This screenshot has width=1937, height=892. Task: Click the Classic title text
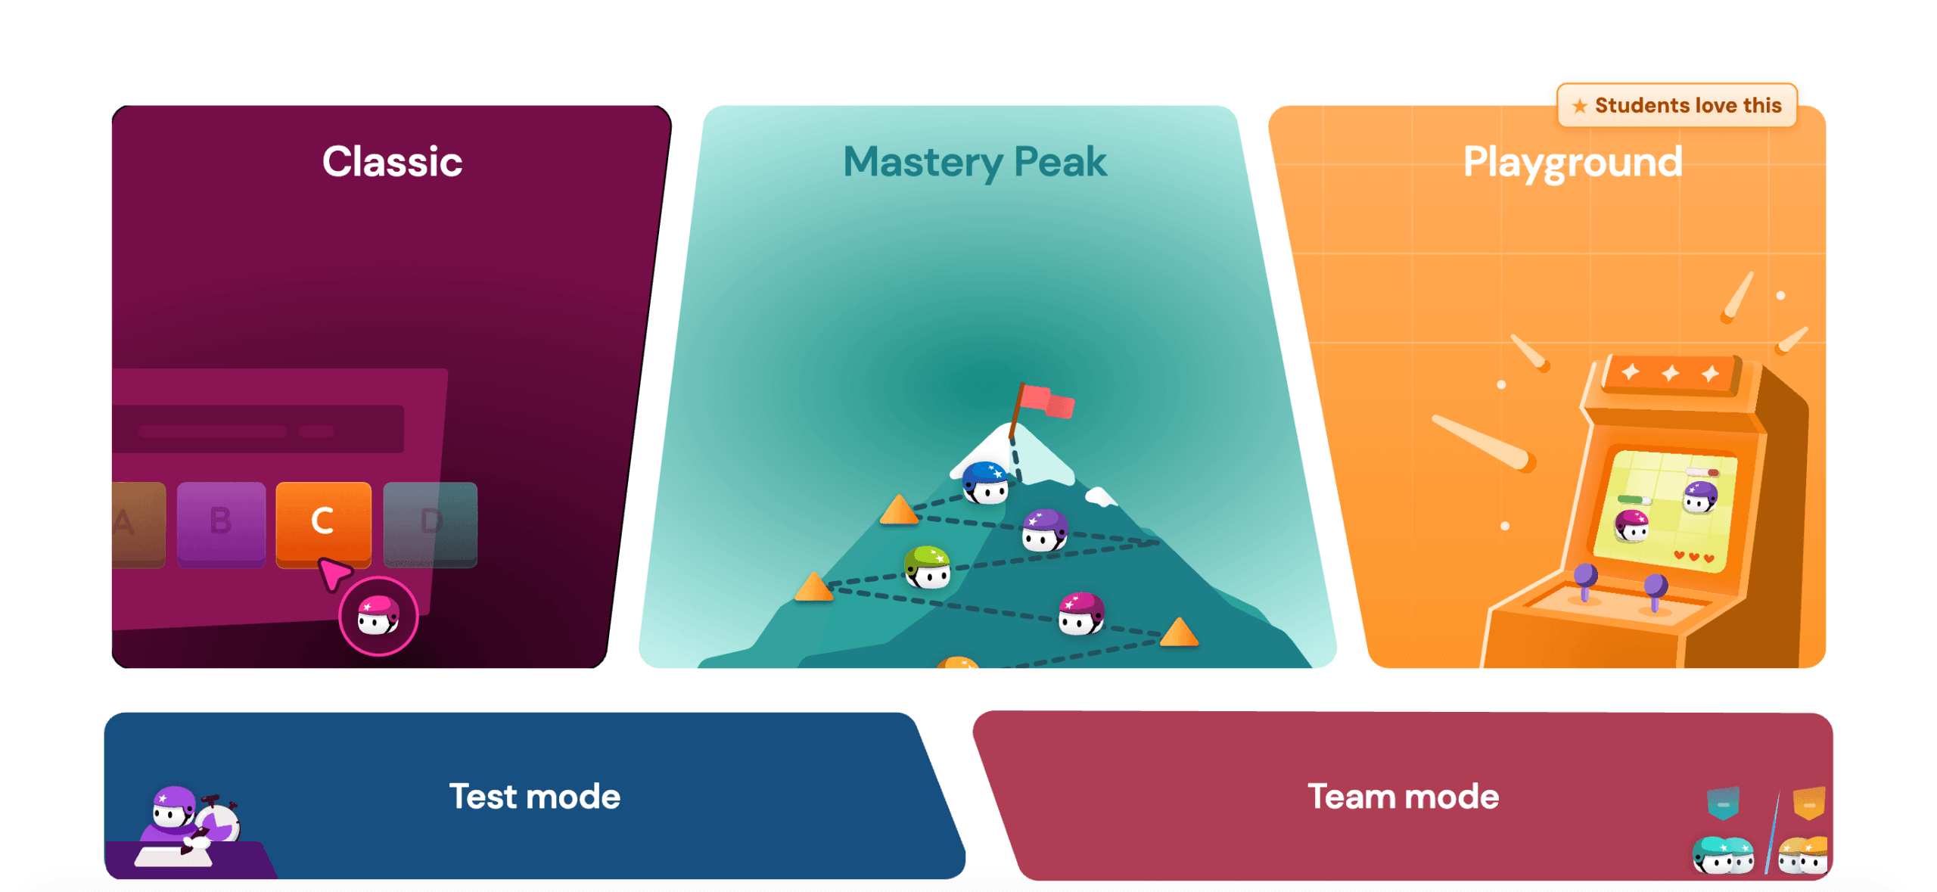[x=392, y=161]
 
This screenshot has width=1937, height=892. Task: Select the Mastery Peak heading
[x=975, y=163]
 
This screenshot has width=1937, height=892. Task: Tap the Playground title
[x=1572, y=163]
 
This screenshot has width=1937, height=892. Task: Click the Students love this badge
[x=1677, y=105]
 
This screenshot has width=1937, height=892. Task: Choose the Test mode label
[x=535, y=796]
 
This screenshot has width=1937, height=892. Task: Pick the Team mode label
[x=1404, y=796]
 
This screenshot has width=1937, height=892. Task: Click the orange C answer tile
[x=323, y=524]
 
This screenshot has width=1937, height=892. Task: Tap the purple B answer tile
[x=221, y=524]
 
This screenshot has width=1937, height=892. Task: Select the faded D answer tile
[x=430, y=524]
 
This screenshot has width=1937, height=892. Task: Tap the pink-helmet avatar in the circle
[x=378, y=615]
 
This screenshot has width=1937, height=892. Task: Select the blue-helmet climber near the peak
[x=985, y=483]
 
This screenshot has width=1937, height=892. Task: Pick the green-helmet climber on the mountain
[x=928, y=567]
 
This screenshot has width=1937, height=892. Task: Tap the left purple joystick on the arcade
[x=1585, y=581]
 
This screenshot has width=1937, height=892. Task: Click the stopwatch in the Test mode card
[x=218, y=821]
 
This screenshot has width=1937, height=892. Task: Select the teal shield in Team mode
[x=1723, y=803]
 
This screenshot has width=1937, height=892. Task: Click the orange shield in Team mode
[x=1809, y=803]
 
